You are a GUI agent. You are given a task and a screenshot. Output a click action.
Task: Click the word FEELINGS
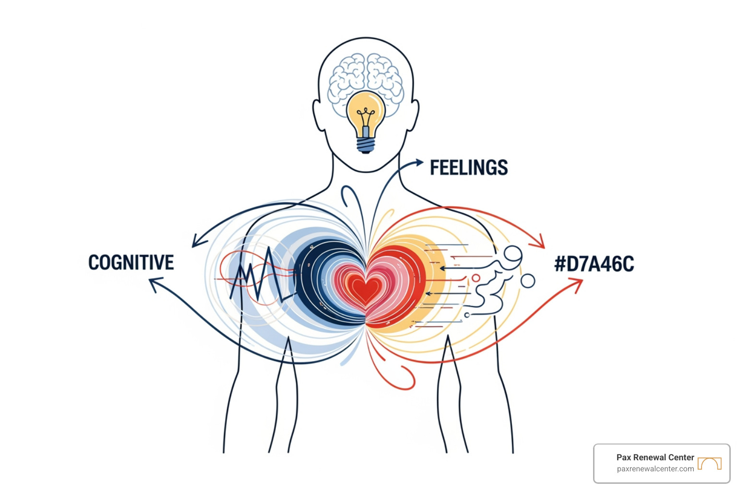(x=469, y=167)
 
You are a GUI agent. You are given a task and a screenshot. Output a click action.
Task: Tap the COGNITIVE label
(x=131, y=262)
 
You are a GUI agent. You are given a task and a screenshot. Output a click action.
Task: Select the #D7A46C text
(x=594, y=264)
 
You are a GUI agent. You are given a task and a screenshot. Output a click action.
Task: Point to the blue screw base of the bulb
(x=366, y=145)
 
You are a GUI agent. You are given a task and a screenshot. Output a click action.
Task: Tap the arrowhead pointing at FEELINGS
(x=419, y=162)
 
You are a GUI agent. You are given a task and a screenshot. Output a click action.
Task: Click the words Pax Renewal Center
(x=655, y=457)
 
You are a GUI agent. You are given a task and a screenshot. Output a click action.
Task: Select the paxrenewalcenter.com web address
(x=655, y=469)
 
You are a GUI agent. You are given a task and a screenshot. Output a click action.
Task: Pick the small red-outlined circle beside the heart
(x=476, y=278)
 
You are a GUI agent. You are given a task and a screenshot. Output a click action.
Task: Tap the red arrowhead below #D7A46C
(x=576, y=284)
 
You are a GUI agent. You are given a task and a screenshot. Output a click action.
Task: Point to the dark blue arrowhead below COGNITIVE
(x=156, y=283)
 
